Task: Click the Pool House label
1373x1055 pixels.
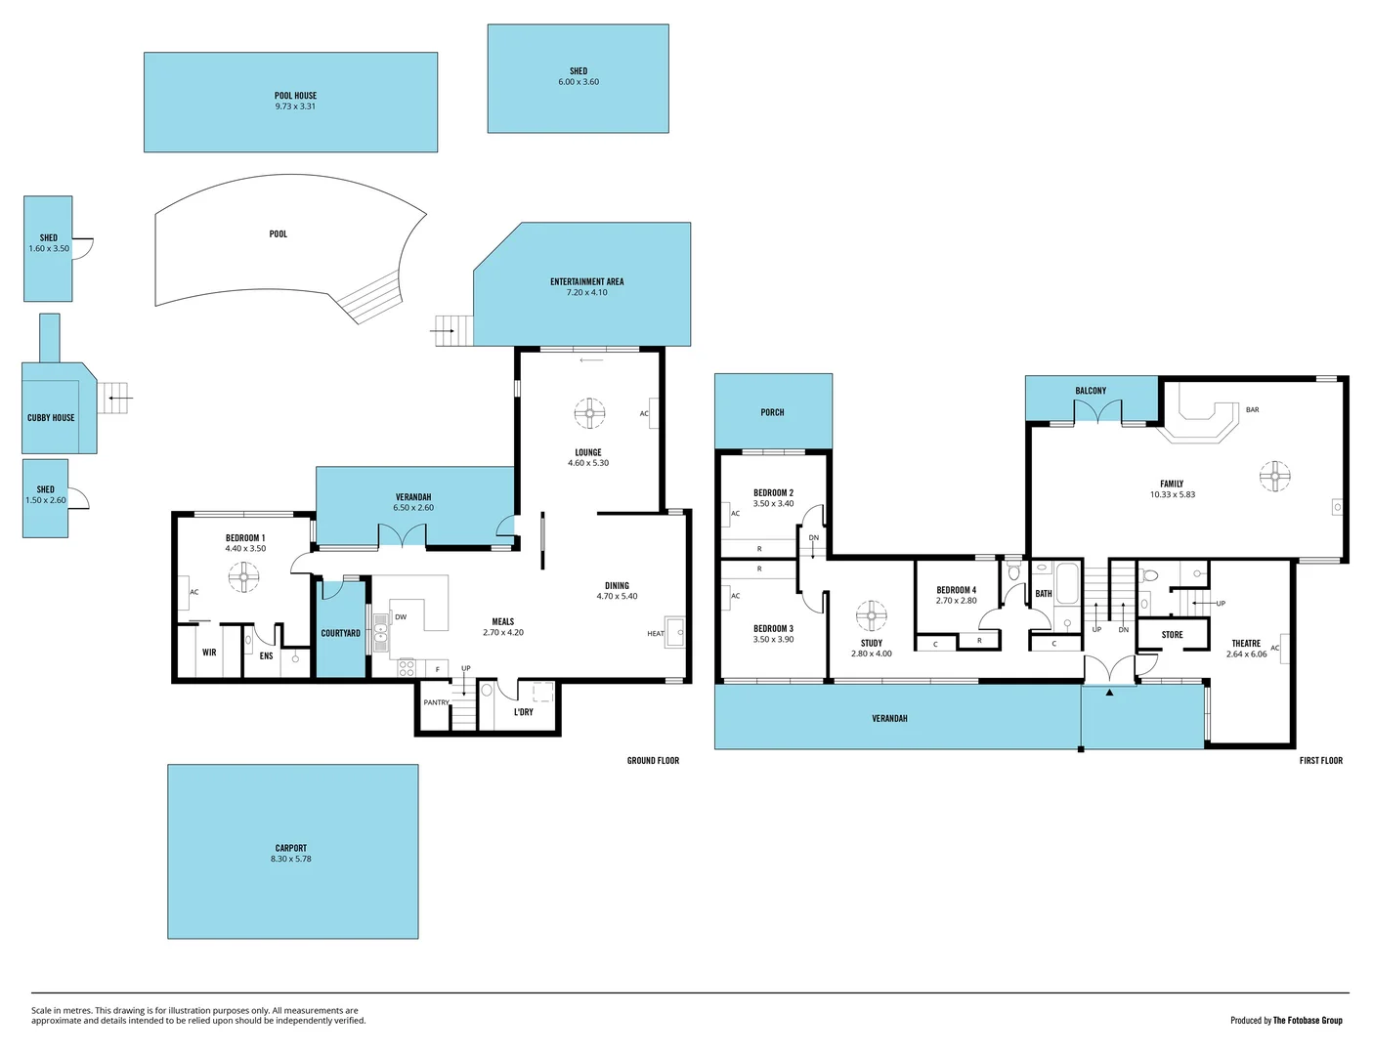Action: (x=295, y=96)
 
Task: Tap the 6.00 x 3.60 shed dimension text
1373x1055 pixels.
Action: (x=579, y=82)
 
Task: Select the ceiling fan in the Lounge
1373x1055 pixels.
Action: (x=588, y=413)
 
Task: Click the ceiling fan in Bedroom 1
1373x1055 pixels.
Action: (x=243, y=577)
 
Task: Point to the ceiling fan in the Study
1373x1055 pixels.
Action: (x=871, y=615)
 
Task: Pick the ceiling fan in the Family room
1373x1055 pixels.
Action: (x=1274, y=476)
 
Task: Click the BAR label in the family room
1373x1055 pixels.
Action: (x=1252, y=410)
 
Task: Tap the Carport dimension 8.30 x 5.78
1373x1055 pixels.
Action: (x=291, y=860)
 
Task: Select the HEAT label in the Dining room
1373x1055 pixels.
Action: (x=655, y=634)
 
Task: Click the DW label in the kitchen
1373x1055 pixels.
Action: (x=401, y=617)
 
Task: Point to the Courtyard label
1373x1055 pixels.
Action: (x=340, y=634)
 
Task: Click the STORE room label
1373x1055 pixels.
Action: (x=1172, y=635)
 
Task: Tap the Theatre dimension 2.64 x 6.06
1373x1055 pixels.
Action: (x=1246, y=654)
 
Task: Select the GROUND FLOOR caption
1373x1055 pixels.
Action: (x=653, y=761)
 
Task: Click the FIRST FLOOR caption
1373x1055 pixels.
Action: (x=1320, y=761)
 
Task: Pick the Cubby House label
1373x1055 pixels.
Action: (x=51, y=418)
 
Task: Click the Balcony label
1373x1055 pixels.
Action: (x=1091, y=391)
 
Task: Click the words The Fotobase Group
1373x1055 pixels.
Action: (x=1307, y=1021)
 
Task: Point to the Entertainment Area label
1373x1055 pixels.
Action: (x=586, y=282)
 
